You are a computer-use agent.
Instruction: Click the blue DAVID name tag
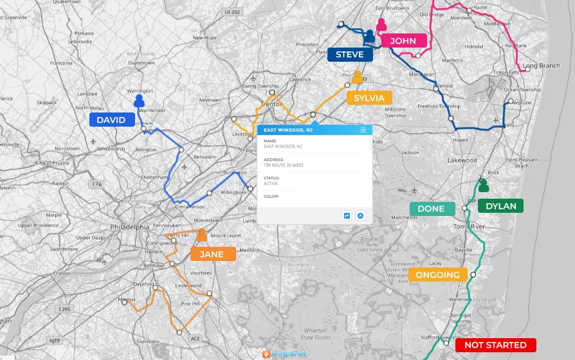click(x=111, y=120)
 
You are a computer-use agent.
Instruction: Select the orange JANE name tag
click(x=212, y=254)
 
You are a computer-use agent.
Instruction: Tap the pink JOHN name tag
click(x=403, y=40)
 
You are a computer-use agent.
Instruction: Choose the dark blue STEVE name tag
click(x=350, y=55)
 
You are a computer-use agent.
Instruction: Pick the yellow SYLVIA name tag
click(x=369, y=98)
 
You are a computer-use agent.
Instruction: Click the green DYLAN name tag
click(x=500, y=206)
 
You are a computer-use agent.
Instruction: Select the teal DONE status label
click(x=431, y=208)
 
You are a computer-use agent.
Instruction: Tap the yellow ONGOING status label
click(x=438, y=275)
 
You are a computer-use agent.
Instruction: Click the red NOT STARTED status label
click(x=495, y=345)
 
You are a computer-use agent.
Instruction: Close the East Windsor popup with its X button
click(x=363, y=130)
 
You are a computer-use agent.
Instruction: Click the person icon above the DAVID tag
click(x=139, y=101)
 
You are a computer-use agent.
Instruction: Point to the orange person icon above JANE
click(x=202, y=235)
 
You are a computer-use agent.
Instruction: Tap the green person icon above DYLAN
click(x=483, y=186)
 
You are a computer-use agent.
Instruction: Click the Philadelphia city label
click(x=130, y=227)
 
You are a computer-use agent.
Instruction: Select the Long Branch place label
click(x=541, y=66)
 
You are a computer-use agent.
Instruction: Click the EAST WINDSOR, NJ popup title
click(x=288, y=130)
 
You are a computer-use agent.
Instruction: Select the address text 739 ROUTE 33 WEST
click(x=284, y=165)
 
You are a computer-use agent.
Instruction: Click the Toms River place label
click(x=468, y=227)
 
